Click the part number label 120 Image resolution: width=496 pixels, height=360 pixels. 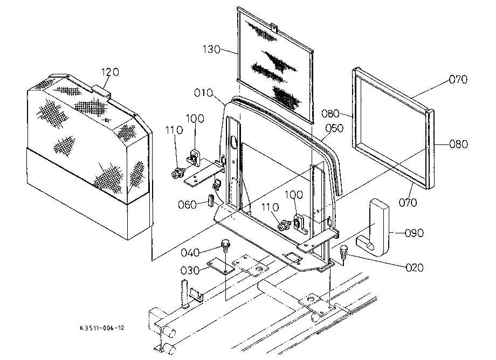[110, 72]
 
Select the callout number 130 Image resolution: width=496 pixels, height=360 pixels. [211, 49]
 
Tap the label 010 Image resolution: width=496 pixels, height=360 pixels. [203, 93]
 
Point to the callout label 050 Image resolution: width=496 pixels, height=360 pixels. [334, 128]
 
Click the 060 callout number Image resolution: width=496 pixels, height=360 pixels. [187, 205]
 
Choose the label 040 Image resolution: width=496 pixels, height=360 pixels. [190, 253]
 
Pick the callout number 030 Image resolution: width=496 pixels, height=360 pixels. [190, 271]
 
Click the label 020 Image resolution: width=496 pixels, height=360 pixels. [415, 268]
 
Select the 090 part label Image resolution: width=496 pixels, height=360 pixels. [414, 233]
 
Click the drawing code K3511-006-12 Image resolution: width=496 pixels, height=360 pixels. [102, 328]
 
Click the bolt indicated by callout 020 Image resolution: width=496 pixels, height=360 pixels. [343, 252]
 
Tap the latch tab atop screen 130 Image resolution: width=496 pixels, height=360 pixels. [274, 27]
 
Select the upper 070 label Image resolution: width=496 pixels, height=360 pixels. [458, 79]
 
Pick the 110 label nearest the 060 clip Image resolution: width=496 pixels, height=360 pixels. [174, 130]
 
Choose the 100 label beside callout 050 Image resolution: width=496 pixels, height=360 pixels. [294, 195]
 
